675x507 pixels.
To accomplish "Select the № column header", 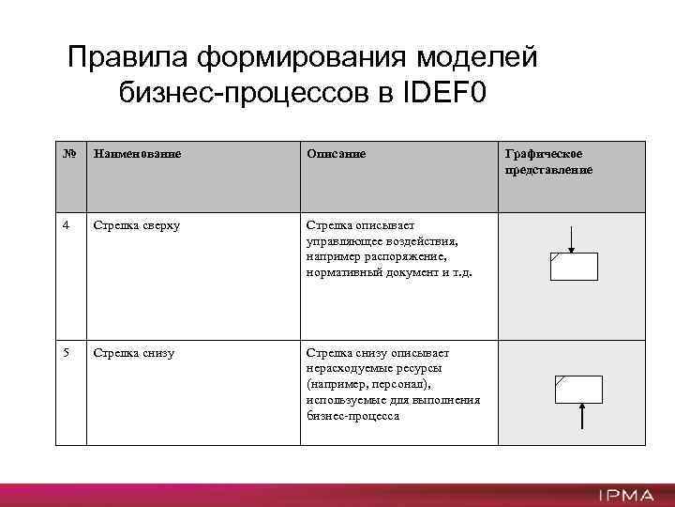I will coord(66,152).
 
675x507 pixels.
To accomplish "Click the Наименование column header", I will coord(136,152).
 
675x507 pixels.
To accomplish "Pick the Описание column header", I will coord(335,152).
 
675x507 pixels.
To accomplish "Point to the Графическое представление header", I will coord(548,161).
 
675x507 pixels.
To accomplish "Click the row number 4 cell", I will coord(66,225).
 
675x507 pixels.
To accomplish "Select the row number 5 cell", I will coord(66,353).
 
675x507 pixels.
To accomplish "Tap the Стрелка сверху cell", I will coord(136,225).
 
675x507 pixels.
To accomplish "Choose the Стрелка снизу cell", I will coord(133,353).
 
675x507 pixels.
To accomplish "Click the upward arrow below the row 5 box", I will coord(583,416).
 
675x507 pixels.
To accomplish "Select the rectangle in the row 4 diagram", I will coord(573,267).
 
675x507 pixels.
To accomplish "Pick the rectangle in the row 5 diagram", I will coord(581,388).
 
